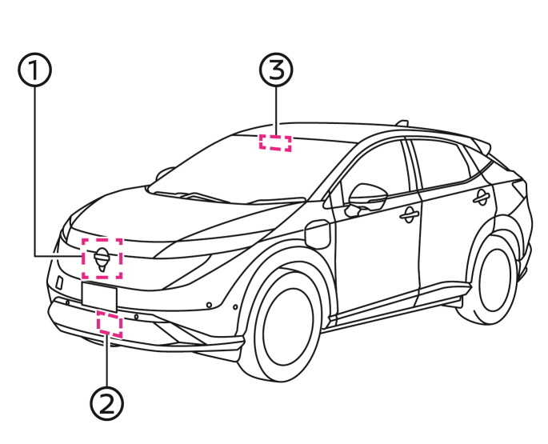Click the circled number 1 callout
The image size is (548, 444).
click(34, 70)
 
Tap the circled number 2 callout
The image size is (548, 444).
click(107, 404)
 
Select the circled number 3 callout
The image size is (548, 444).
click(276, 70)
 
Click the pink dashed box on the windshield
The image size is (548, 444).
click(275, 143)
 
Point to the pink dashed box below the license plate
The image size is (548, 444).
click(110, 325)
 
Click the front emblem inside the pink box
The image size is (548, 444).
click(102, 259)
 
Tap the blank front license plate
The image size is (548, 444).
click(99, 297)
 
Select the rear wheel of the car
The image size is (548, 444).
click(496, 280)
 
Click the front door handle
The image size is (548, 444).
click(409, 215)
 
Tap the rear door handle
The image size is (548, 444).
click(482, 198)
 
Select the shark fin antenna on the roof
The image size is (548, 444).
click(402, 123)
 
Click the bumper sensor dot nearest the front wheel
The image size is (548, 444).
click(235, 307)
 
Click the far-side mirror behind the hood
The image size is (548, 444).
click(163, 174)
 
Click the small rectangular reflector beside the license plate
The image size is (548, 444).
click(60, 282)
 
